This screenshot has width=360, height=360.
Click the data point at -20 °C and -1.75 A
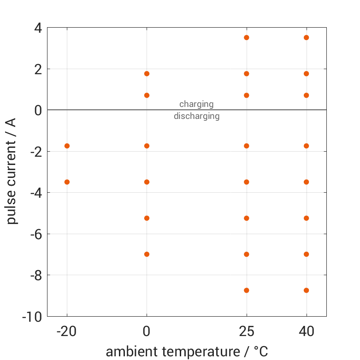pos(67,146)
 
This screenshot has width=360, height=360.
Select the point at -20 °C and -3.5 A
pos(67,182)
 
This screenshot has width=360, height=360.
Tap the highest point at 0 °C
pos(147,74)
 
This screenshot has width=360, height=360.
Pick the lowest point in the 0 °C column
pos(147,254)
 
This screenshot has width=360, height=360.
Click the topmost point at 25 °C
pos(247,37)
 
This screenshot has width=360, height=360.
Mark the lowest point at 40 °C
pos(306,290)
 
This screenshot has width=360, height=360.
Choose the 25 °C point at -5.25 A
pos(247,218)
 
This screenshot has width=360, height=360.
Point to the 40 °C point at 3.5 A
pos(306,37)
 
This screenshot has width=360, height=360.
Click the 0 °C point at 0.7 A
pos(147,95)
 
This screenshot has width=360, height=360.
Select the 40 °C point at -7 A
pos(306,254)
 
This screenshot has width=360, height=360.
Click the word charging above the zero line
pos(196,104)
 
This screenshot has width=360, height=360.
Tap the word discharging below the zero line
pos(196,116)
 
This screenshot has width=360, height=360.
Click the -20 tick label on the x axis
pos(67,331)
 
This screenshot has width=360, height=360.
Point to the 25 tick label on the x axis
pos(247,331)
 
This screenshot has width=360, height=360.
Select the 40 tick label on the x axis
pos(306,331)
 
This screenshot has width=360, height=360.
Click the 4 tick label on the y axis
pos(37,28)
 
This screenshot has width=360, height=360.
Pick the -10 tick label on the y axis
pos(32,317)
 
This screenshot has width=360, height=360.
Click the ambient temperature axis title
pos(187,352)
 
